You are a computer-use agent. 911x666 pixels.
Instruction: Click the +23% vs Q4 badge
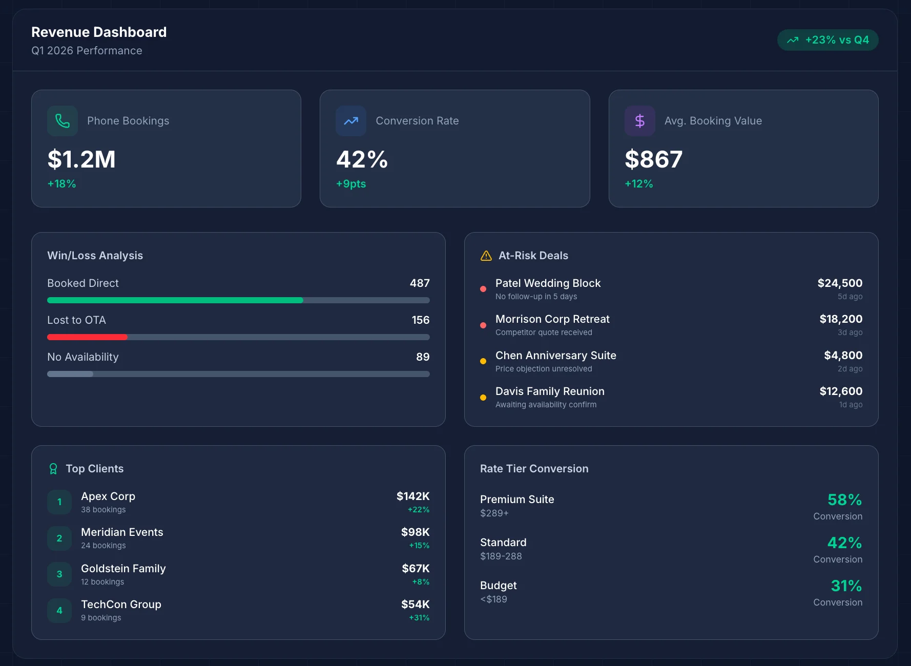point(827,40)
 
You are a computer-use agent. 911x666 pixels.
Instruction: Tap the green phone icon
point(63,121)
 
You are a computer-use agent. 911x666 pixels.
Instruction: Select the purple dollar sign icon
point(639,121)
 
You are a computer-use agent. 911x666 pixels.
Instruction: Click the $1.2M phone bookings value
point(81,159)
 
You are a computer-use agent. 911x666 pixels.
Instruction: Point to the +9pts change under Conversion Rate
point(351,184)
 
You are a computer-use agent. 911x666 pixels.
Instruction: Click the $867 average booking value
point(653,159)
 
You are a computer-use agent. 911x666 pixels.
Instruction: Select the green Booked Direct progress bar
point(175,300)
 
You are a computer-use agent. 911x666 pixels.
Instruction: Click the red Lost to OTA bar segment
point(87,337)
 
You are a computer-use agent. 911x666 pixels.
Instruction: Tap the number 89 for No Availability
point(423,357)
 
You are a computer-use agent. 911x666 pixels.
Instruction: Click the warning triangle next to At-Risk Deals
point(486,256)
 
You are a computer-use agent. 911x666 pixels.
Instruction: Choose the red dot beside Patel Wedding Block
point(483,289)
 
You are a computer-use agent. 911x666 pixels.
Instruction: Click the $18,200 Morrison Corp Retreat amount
point(840,319)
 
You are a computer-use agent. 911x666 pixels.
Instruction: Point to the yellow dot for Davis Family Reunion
point(483,398)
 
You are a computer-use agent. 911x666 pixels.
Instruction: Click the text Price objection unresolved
point(543,369)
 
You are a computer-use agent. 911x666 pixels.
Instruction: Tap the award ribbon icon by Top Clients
point(53,469)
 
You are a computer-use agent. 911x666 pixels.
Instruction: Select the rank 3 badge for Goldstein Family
point(59,574)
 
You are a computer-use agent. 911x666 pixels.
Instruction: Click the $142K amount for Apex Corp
point(412,496)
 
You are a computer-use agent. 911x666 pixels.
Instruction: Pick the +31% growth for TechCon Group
point(419,618)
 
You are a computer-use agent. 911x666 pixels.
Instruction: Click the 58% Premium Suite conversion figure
point(844,500)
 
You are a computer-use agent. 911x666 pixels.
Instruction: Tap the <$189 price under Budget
point(493,599)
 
